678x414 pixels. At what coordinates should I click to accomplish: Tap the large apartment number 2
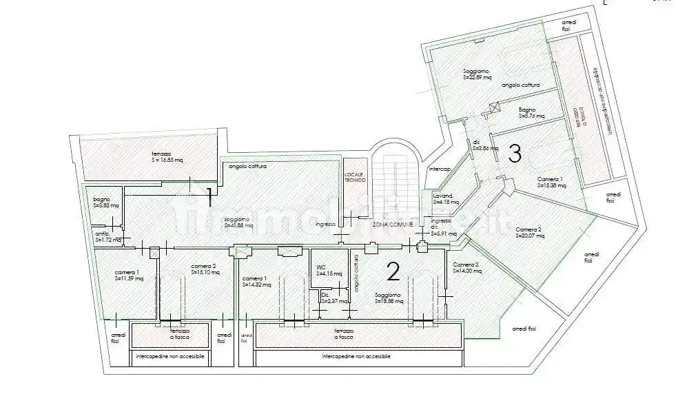pyautogui.click(x=393, y=273)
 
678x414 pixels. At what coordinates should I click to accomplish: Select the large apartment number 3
pyautogui.click(x=514, y=154)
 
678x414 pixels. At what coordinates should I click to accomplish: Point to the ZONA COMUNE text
pyautogui.click(x=393, y=225)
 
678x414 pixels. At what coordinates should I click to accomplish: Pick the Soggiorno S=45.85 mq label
pyautogui.click(x=238, y=222)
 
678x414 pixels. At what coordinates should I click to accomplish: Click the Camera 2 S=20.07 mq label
pyautogui.click(x=529, y=232)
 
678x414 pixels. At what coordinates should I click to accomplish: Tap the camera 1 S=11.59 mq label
pyautogui.click(x=129, y=276)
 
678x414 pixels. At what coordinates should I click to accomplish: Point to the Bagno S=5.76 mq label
pyautogui.click(x=531, y=113)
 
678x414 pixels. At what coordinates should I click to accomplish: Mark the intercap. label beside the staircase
pyautogui.click(x=440, y=169)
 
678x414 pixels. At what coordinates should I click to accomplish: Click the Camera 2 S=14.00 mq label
pyautogui.click(x=467, y=268)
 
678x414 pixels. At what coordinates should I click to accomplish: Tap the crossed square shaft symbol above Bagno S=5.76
pyautogui.click(x=493, y=107)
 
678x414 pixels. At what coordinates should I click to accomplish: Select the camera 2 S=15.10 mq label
pyautogui.click(x=205, y=269)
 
